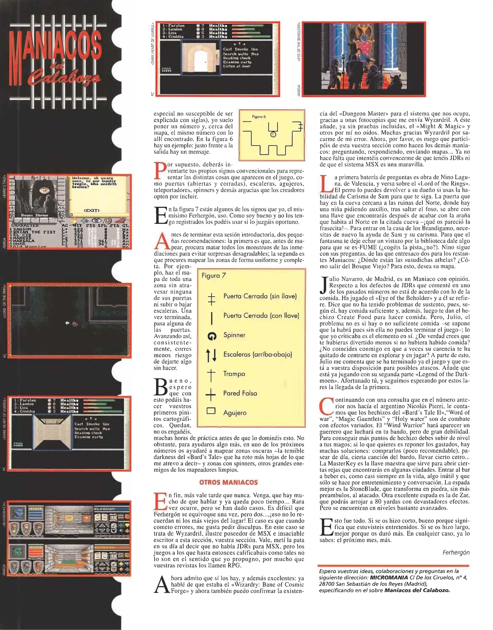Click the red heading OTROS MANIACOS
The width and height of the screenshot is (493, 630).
[x=228, y=482]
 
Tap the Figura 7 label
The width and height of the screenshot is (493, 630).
[x=213, y=276]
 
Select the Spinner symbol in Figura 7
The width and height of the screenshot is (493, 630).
[x=212, y=336]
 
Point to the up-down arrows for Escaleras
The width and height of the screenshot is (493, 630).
[x=211, y=355]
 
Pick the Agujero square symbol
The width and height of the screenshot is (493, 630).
[x=211, y=411]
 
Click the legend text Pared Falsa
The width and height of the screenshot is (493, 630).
[x=240, y=393]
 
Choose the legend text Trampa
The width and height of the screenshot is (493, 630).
[x=234, y=374]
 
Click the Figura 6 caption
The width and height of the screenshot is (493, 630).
[x=259, y=117]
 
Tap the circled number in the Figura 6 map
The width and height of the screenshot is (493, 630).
[x=273, y=134]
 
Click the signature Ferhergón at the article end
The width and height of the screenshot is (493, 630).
[x=456, y=552]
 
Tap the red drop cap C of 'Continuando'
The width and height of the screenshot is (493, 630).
[x=326, y=406]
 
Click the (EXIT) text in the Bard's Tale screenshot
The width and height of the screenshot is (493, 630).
[x=91, y=210]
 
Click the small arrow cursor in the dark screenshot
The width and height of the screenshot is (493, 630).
[x=67, y=323]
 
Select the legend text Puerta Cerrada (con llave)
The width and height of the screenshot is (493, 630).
[x=261, y=316]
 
